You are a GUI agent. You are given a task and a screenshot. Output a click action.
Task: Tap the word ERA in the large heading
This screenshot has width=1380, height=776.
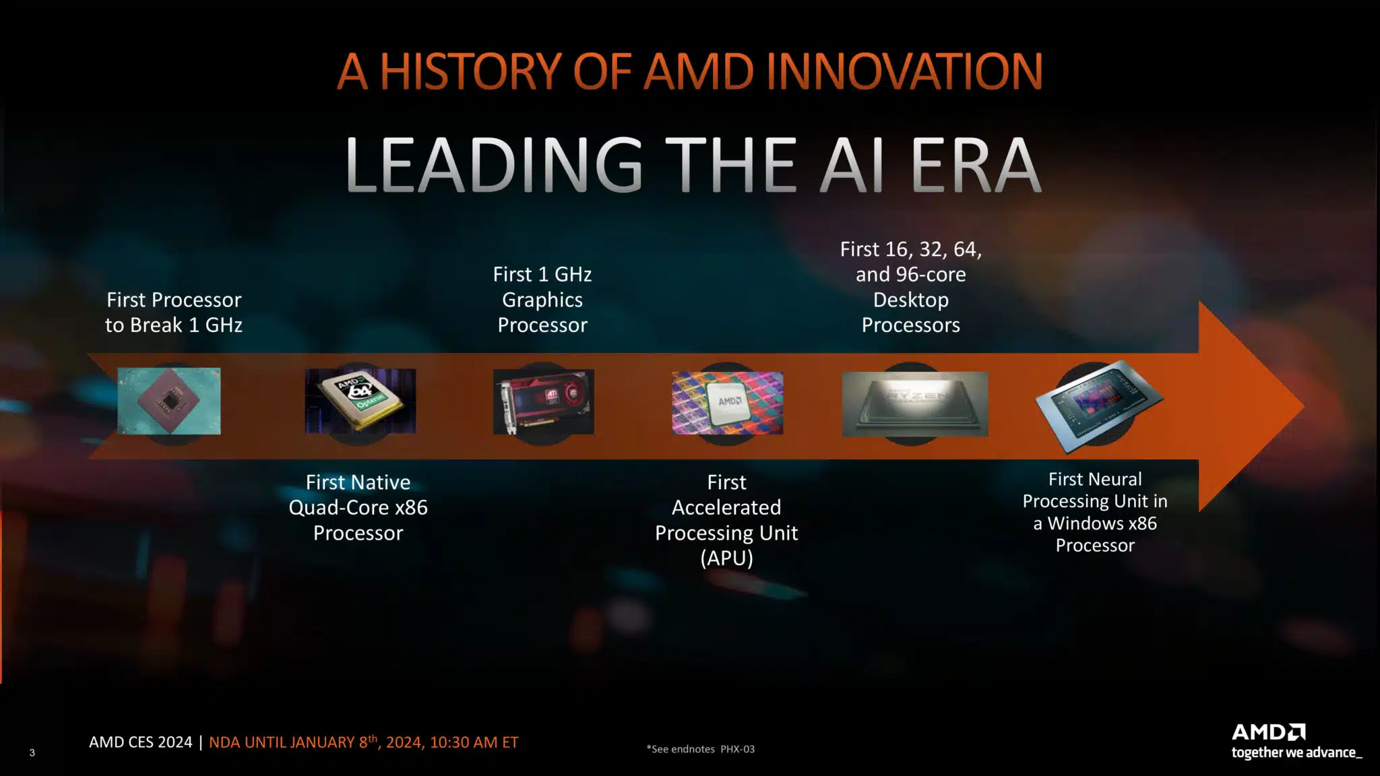point(976,164)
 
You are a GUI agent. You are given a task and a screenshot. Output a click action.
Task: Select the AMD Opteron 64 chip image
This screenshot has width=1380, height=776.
point(360,401)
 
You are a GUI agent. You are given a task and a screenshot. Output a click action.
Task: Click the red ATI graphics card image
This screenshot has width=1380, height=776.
point(543,401)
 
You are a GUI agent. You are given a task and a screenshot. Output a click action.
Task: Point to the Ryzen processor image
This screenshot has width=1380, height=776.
point(915,403)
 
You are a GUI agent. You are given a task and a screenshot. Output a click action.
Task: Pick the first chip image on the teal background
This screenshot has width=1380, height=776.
point(169,401)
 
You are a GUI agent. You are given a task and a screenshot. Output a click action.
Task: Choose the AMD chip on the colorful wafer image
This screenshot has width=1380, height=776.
point(728,403)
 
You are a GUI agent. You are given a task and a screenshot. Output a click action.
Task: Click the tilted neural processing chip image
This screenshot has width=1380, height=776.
point(1100,406)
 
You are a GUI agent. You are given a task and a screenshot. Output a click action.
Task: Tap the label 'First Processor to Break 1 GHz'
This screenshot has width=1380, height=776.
point(174,313)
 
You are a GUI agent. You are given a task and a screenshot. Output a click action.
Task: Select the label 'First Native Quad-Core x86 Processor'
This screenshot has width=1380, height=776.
point(358,508)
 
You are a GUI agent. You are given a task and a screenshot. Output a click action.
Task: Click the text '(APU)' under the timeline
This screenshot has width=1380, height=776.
point(726,558)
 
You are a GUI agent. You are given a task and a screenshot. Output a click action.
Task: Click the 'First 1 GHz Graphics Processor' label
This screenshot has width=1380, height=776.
point(542,300)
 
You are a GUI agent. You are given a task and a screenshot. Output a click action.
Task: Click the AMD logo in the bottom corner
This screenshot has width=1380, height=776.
point(1269,732)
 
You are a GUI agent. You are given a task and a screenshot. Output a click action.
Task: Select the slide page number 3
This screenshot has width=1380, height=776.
point(32,753)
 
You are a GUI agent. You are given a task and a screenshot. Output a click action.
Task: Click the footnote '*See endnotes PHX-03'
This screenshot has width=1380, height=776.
point(701,749)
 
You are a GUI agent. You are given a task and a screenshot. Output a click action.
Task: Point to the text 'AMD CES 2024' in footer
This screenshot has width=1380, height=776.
point(141,742)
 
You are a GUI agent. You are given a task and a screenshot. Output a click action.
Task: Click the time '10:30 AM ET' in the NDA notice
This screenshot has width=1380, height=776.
point(474,742)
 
